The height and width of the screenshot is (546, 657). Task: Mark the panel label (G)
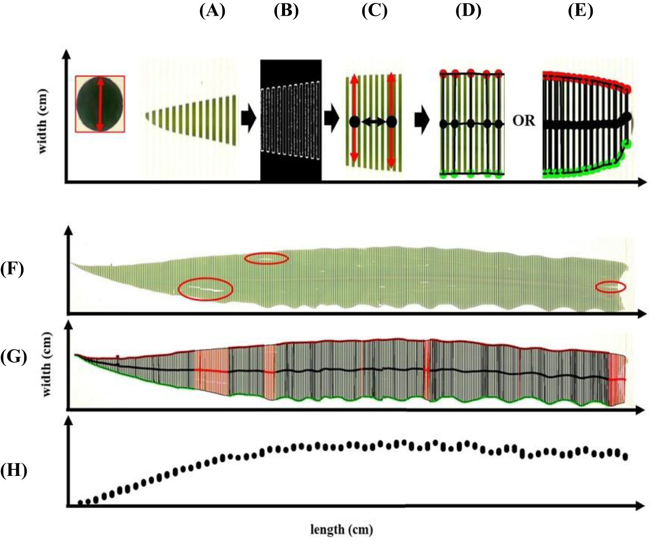(12, 356)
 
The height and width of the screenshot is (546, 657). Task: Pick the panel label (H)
(13, 470)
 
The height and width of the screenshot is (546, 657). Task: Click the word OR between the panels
(524, 121)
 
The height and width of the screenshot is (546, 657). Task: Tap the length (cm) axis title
(342, 530)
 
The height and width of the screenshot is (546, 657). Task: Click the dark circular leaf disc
(100, 104)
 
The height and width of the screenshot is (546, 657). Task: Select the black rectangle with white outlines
(291, 121)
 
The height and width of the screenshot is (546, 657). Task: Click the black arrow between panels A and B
(249, 118)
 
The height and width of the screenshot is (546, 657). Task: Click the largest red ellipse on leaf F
(205, 289)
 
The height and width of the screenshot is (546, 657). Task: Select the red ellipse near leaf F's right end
(611, 287)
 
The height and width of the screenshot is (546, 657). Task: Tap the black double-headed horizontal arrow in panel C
(372, 122)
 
